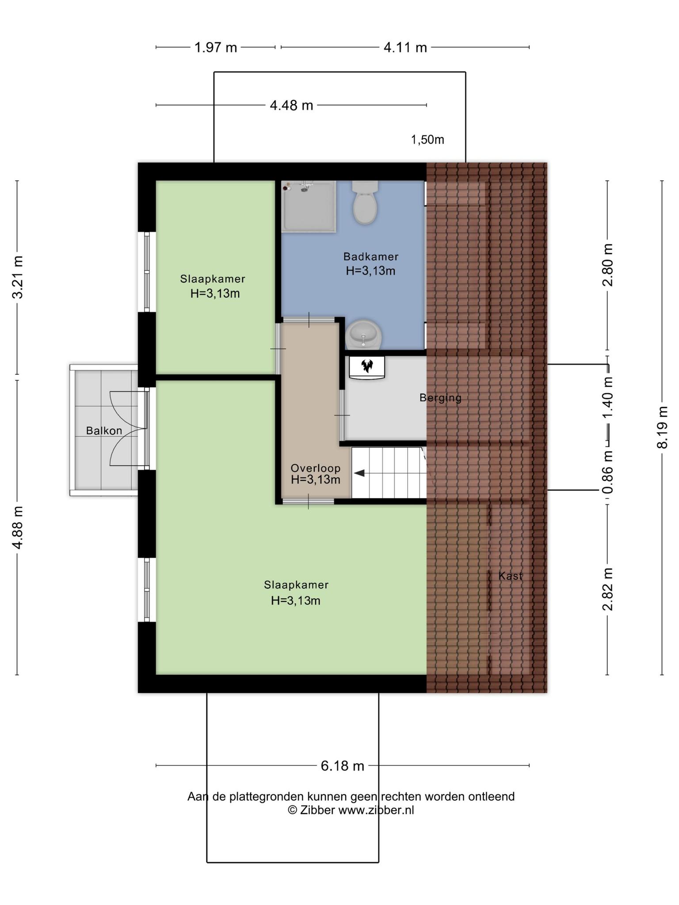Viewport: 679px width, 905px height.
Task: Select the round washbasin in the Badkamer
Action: [363, 335]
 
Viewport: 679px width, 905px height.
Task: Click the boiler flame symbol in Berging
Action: [367, 365]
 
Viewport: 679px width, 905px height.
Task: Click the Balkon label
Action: [104, 431]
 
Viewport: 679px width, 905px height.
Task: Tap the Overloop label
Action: [316, 468]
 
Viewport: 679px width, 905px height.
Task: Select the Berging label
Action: [440, 398]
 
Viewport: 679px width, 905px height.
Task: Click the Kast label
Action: [511, 576]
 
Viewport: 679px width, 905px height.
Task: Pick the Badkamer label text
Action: [371, 256]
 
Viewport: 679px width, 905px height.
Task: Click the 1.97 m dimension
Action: [216, 47]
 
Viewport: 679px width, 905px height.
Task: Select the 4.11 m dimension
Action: [405, 47]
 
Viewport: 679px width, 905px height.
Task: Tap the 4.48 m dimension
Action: [291, 105]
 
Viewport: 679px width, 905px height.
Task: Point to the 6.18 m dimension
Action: [343, 765]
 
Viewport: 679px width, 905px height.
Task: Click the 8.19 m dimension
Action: [662, 428]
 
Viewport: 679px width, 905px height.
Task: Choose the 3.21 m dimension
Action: [18, 278]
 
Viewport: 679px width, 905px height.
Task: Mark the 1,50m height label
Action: [427, 140]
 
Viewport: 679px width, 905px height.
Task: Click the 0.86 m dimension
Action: [608, 472]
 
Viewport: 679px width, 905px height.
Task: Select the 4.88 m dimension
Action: [18, 528]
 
